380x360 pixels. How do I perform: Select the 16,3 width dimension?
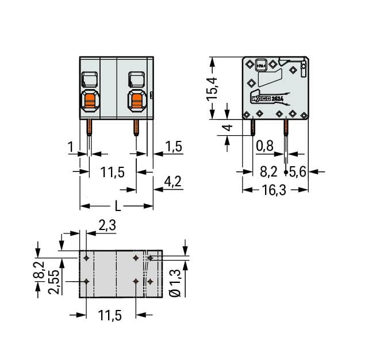click(274, 190)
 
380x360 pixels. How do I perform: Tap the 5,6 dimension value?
click(300, 171)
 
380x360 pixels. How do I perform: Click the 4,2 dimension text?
click(172, 182)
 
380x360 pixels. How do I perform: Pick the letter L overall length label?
click(117, 205)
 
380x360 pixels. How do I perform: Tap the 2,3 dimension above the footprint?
click(108, 226)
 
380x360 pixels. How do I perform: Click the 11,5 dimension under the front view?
click(113, 172)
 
